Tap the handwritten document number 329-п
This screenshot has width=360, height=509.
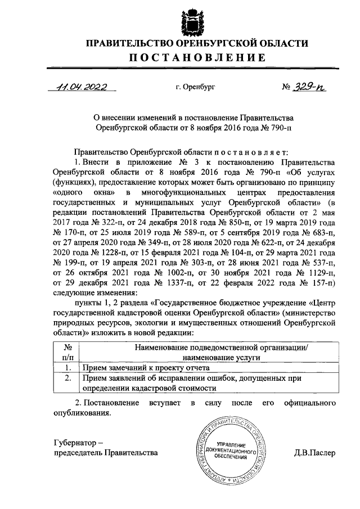(308, 88)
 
